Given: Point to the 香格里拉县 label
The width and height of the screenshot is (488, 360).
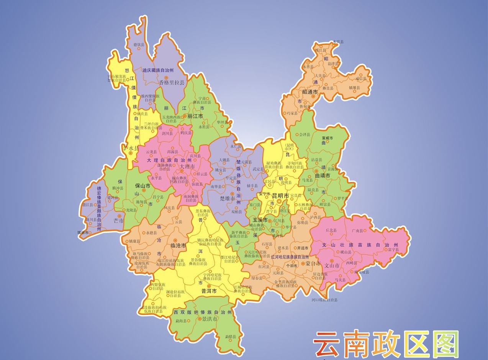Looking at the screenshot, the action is coord(172,82).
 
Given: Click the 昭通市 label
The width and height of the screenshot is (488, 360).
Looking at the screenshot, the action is coord(310,92).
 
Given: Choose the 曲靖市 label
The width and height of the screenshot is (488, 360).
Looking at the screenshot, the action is coord(323,176).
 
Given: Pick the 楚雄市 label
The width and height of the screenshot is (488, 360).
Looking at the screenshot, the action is coord(228,199).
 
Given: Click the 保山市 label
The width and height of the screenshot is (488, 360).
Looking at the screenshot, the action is coord(144,185).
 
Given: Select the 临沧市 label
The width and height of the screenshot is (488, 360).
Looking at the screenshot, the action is coord(178,245).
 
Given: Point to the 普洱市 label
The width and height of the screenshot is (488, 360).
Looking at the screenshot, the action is coord(209,291).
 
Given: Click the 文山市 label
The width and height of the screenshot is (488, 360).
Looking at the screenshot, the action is coord(332,265).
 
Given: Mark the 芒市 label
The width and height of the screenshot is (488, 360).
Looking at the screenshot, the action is coord(119,221).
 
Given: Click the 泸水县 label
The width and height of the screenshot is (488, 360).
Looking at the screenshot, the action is coord(131,148).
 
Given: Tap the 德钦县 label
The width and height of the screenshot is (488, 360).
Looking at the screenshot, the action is coord(139,45).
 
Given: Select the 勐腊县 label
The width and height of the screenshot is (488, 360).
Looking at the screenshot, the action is coord(231,337).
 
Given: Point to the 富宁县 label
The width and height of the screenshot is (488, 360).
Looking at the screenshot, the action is coord(393,250).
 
